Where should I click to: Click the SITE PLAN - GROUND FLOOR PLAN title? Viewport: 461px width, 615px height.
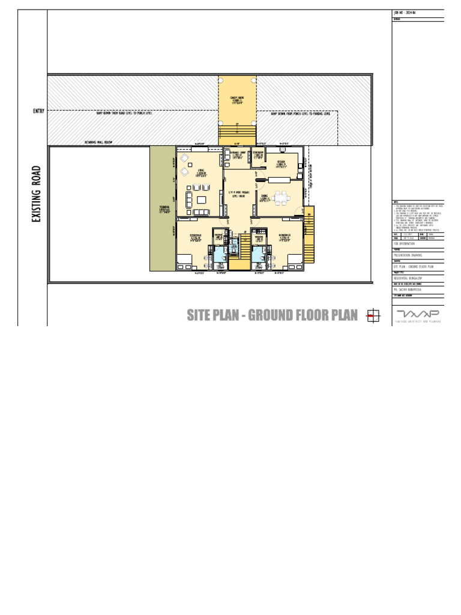tap(272, 315)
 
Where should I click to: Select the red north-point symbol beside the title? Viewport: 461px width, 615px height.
tap(372, 316)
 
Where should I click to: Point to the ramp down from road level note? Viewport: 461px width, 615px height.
tap(124, 113)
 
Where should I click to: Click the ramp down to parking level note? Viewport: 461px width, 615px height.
tap(300, 113)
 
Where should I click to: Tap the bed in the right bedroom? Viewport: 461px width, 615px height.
tap(295, 260)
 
